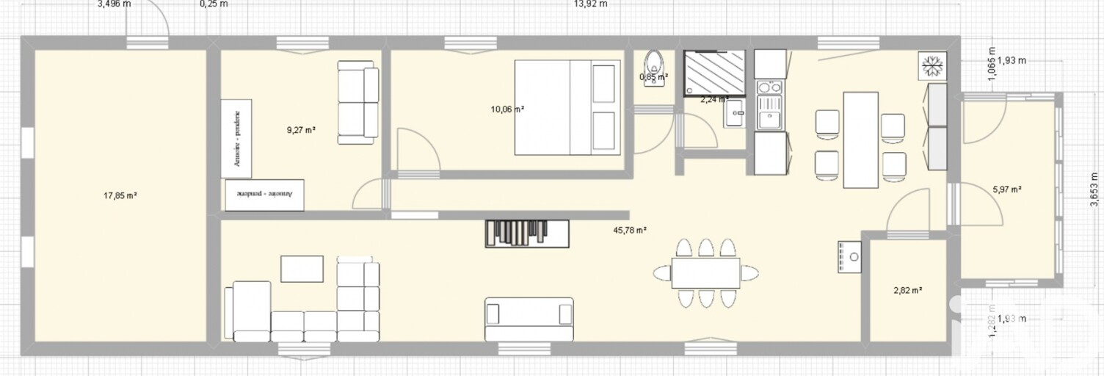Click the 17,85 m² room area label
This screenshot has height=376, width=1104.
(x=122, y=195)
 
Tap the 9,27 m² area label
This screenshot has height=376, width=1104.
(x=301, y=130)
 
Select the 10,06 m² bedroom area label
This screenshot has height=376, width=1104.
(x=507, y=109)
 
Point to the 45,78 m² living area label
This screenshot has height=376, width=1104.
(x=630, y=230)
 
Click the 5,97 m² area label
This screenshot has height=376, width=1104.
(x=1007, y=189)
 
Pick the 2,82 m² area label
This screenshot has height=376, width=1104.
(x=907, y=290)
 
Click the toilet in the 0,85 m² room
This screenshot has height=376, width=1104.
(x=653, y=67)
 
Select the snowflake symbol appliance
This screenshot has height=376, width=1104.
(x=931, y=65)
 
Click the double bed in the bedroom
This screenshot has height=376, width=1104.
(x=566, y=108)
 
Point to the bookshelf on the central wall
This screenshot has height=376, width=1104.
(x=527, y=233)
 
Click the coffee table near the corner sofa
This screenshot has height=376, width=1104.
(x=302, y=269)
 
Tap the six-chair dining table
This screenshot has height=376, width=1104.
(x=705, y=273)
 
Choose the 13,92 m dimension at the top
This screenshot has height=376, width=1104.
(x=590, y=4)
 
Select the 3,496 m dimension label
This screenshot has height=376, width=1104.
(x=114, y=4)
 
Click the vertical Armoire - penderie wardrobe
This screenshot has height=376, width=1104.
(x=236, y=138)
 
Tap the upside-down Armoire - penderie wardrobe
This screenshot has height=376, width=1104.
(x=264, y=195)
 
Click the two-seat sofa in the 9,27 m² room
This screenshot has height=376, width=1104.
(x=358, y=102)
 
